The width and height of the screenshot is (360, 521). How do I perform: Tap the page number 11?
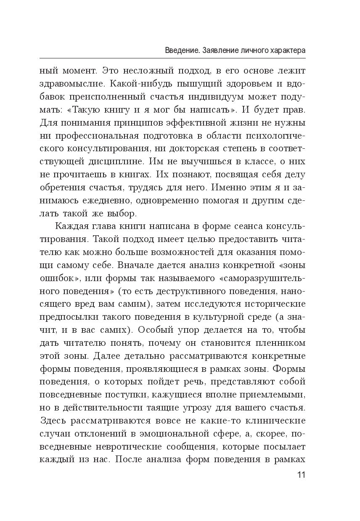tap(301, 475)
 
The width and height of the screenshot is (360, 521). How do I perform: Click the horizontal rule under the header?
tap(172, 58)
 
